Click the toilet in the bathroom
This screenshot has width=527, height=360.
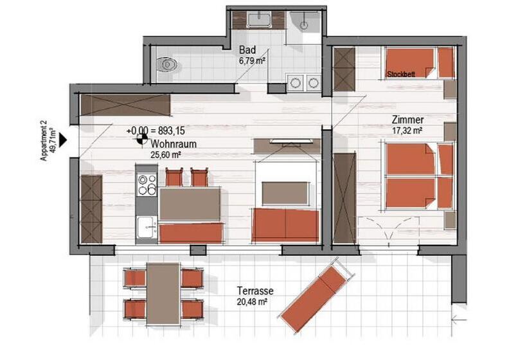(168, 64)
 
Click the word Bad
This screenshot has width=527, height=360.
(247, 50)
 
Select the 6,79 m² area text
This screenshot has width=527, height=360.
(252, 61)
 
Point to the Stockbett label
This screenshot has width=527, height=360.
(401, 75)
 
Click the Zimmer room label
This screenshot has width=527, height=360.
(407, 120)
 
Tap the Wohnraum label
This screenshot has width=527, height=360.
(174, 143)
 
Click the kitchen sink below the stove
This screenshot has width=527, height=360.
(147, 226)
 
